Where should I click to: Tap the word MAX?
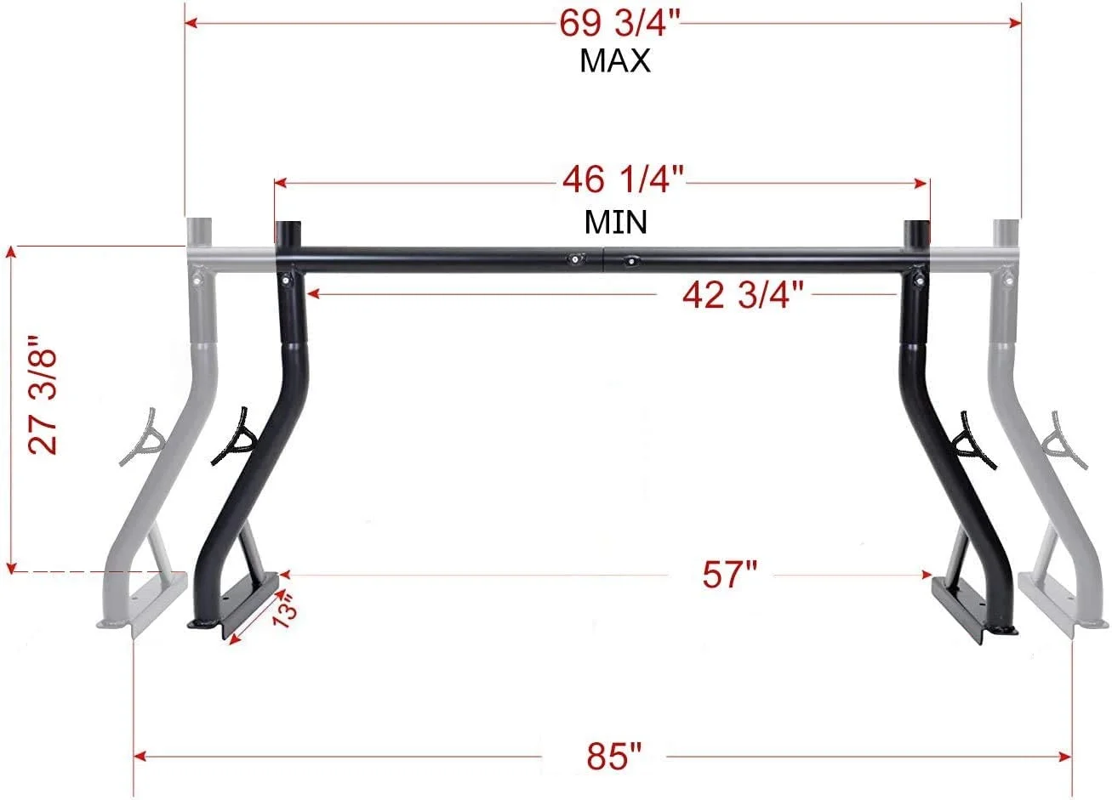pos(614,61)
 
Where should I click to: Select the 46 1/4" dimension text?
pos(623,180)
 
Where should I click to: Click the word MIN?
pos(614,222)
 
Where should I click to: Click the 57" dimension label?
pos(729,575)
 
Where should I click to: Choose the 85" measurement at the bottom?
pos(613,755)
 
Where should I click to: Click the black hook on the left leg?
pos(234,437)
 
